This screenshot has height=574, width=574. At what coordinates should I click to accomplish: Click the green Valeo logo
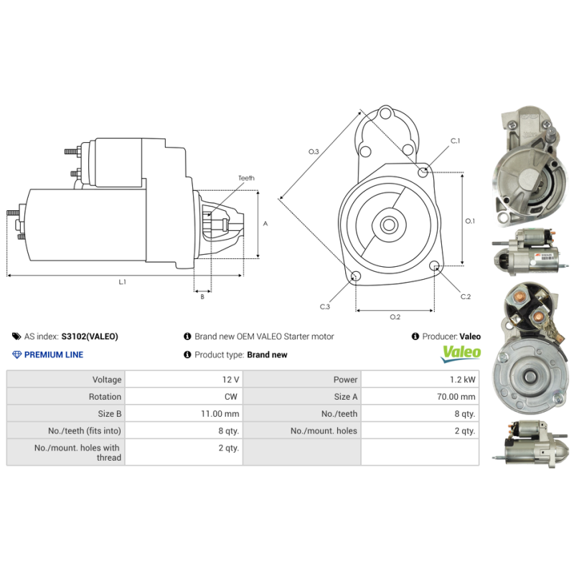[x=460, y=352]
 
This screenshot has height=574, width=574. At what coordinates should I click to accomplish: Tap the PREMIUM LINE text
[x=53, y=354]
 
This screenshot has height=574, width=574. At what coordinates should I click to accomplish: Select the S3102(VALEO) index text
[x=89, y=336]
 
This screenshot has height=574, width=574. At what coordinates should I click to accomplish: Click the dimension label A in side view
[x=265, y=224]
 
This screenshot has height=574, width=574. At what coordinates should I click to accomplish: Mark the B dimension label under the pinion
[x=202, y=296]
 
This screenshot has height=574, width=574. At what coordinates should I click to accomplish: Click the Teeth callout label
[x=246, y=178]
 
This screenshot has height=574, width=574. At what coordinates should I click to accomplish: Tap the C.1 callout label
[x=455, y=141]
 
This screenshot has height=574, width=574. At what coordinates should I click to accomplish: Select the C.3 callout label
[x=324, y=306]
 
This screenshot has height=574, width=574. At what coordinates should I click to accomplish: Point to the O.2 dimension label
[x=395, y=317]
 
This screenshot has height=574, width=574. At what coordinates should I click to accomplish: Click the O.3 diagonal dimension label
[x=314, y=151]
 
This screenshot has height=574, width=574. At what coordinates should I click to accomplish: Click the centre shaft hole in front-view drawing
[x=388, y=225]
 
